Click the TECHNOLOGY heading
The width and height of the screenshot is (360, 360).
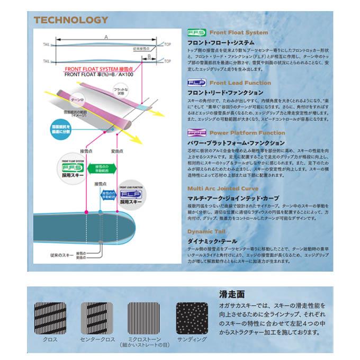tap(70, 21)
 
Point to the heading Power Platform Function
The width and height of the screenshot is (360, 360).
tap(240, 133)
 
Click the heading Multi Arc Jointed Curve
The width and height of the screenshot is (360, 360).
tap(222, 188)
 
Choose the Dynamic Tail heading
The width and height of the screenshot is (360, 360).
tap(207, 232)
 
